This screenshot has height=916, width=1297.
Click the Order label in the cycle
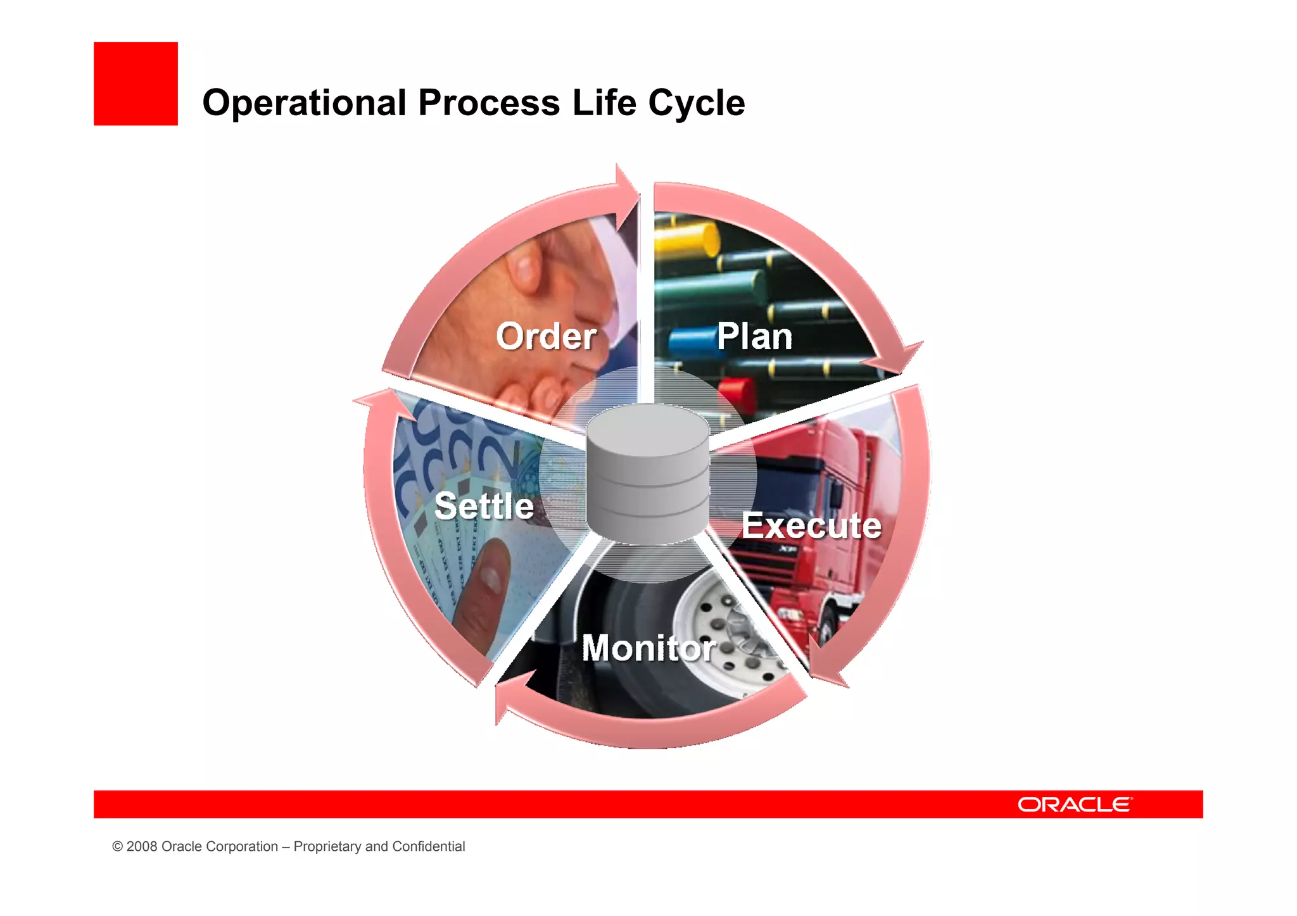click(x=546, y=336)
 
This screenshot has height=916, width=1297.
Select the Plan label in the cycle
click(x=754, y=336)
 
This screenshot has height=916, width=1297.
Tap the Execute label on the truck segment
click(x=811, y=525)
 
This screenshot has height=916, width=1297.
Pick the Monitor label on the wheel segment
click(x=648, y=648)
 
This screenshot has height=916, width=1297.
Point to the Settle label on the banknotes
click(x=484, y=506)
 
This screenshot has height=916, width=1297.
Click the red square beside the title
click(x=136, y=84)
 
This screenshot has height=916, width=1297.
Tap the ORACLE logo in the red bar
click(x=1075, y=805)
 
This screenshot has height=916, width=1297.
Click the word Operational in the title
click(x=304, y=103)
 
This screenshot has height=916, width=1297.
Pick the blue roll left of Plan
click(x=691, y=341)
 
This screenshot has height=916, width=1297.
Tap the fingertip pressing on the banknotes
click(x=488, y=570)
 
